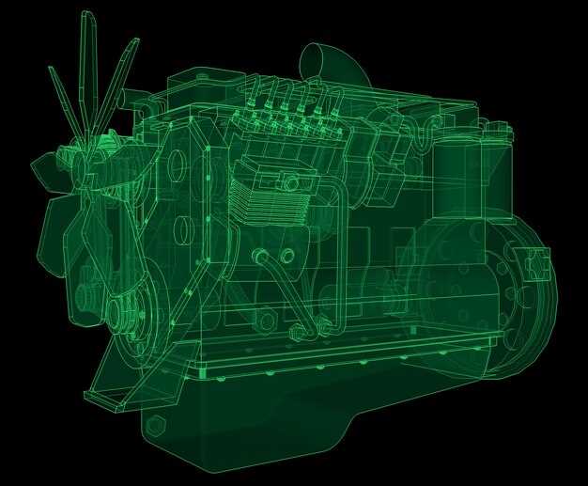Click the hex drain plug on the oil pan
click(x=156, y=425)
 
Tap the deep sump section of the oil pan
click(x=235, y=423)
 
